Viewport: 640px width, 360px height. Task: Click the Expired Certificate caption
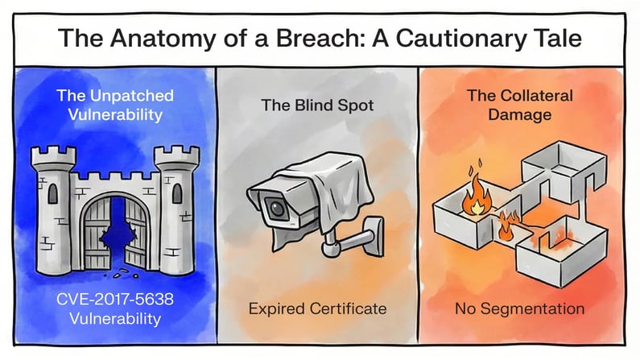tap(317, 308)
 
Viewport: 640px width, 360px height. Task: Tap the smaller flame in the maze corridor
tap(505, 226)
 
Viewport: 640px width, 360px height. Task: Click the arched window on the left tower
tap(52, 193)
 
